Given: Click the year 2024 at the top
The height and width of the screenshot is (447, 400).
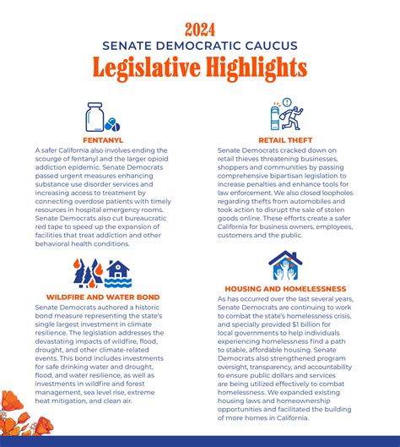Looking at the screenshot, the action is [199, 29].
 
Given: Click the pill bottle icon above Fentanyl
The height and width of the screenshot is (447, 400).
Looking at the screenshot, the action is [95, 117].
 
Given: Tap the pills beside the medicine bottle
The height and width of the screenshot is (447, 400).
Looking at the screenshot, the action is [111, 124].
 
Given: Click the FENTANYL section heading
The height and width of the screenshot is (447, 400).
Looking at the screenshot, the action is [103, 139].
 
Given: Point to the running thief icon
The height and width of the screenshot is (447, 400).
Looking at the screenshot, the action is [291, 117].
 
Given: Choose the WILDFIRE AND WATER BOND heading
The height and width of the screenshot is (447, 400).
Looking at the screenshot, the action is [103, 296].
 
